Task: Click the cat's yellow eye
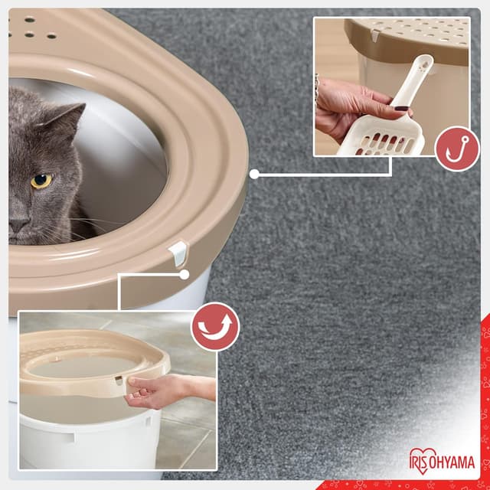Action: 41,181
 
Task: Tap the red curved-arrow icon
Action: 215,327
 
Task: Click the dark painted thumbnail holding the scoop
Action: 402,109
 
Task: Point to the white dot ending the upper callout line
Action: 254,174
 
